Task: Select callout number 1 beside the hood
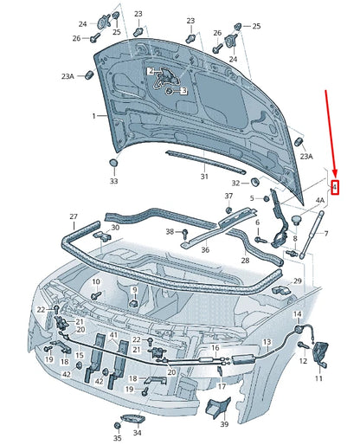(x=94, y=115)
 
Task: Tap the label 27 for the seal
(x=74, y=216)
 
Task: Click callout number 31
(x=204, y=177)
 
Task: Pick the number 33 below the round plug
(x=113, y=181)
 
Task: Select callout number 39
(x=223, y=424)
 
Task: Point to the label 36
(x=205, y=250)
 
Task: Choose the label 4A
(x=319, y=201)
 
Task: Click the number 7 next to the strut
(x=325, y=234)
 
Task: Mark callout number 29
(x=297, y=282)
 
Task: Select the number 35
(x=117, y=427)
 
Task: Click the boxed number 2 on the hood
(x=151, y=71)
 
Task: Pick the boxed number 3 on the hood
(x=183, y=90)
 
